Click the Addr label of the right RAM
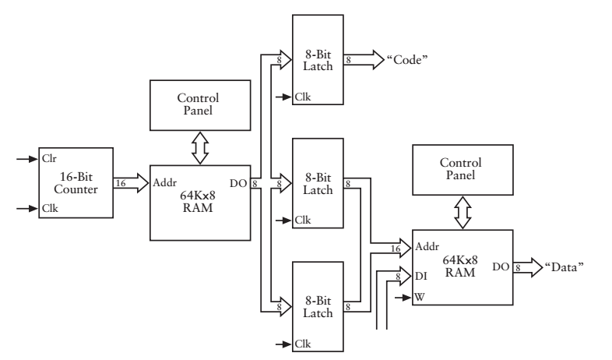(427, 247)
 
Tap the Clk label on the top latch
(302, 98)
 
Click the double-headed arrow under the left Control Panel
(200, 147)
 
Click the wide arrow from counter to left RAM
(128, 182)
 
